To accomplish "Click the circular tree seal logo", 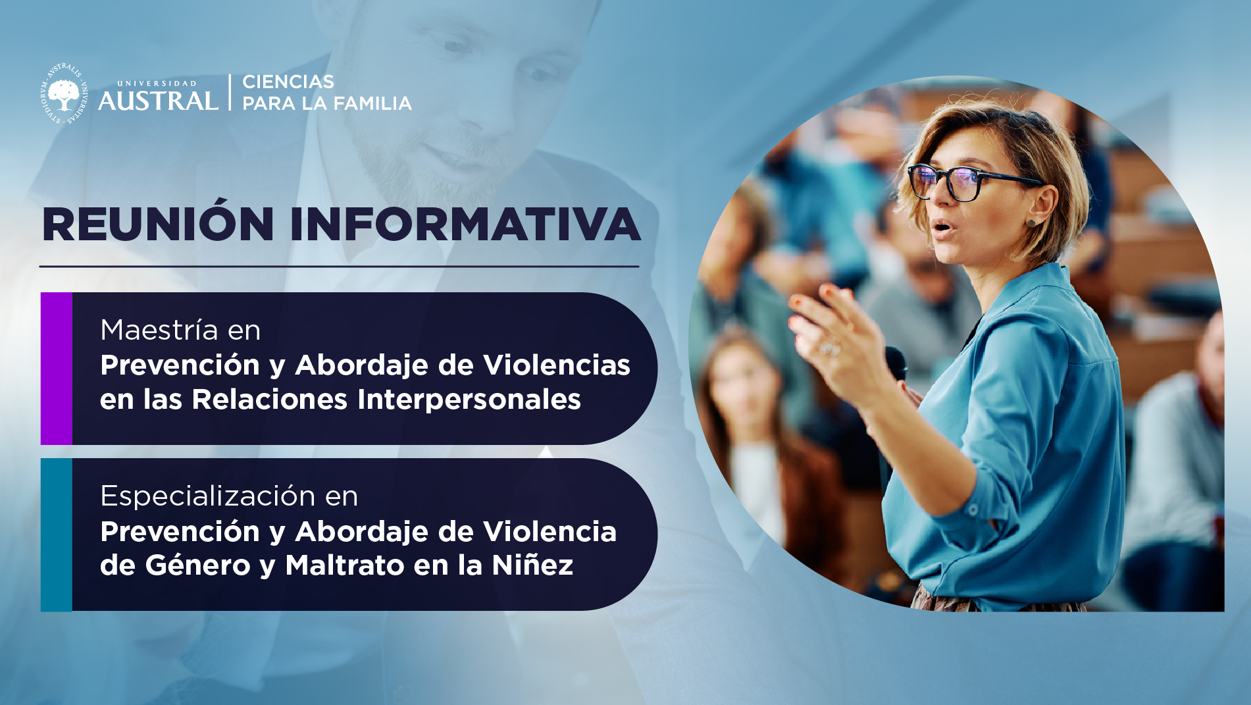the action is pos(64,93).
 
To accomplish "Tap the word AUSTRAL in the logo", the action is pos(158,101).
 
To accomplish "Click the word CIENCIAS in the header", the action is pos(288,82).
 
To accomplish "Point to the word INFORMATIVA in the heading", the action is pos(465,224).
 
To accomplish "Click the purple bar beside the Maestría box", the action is pos(57,369).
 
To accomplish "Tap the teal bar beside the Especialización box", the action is pos(57,535).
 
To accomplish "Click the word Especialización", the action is pos(208,496).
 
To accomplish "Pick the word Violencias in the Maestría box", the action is pos(557,365).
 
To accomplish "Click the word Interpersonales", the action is pos(469,400).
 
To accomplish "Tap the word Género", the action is pos(198,565).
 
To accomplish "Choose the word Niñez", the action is pos(533,565).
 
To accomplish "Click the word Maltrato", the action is pos(345,565).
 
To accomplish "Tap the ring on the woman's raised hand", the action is pos(829,347).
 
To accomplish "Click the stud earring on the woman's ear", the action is pos(1031,222).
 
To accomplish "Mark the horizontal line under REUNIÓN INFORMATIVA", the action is pos(339,267).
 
